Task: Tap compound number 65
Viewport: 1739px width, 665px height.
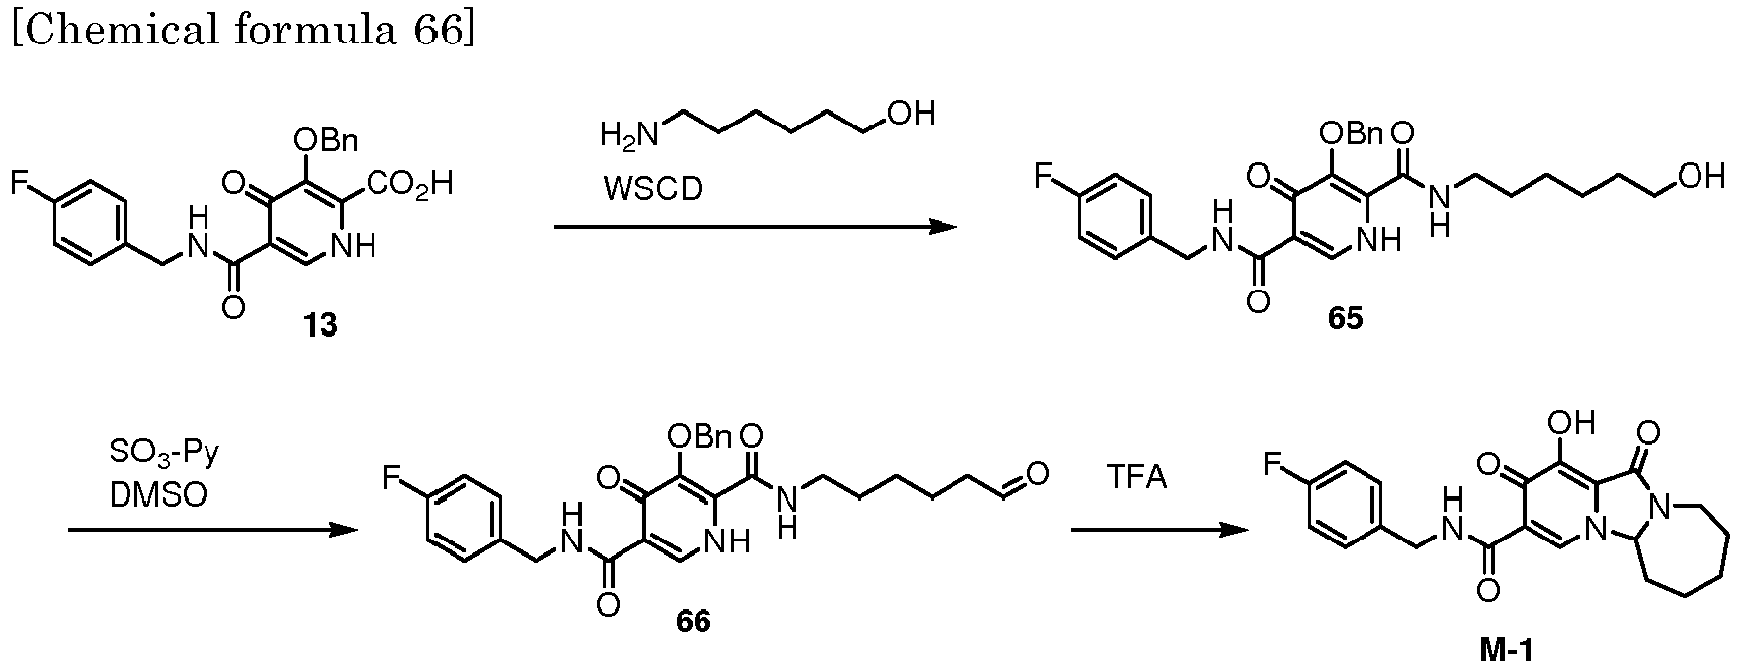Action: coord(1345,318)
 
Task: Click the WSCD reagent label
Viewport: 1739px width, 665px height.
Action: coord(653,188)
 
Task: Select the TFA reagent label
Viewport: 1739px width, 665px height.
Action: coord(1135,478)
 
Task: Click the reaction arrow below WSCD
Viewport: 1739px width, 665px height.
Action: coord(755,228)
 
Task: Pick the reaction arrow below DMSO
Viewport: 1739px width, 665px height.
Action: coord(211,531)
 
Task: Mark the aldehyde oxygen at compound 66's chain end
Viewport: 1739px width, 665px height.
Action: coord(1037,475)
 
